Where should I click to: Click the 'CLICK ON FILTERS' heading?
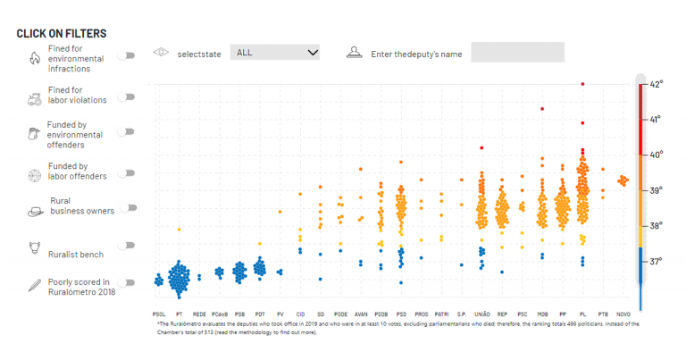62,33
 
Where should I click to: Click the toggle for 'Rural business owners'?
130,207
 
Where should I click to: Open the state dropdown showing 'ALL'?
274,53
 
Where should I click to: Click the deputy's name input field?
517,53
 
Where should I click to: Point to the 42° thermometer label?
656,84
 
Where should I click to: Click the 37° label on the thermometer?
656,262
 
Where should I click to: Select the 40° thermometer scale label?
656,155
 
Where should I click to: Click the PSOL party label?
159,314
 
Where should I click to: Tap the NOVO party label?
623,314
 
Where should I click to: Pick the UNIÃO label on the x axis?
481,314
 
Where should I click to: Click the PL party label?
582,314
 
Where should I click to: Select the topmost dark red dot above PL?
582,84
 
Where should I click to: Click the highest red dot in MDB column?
542,109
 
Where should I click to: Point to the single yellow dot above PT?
179,230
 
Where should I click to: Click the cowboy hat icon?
35,212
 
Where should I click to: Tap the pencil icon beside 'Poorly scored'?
34,286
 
